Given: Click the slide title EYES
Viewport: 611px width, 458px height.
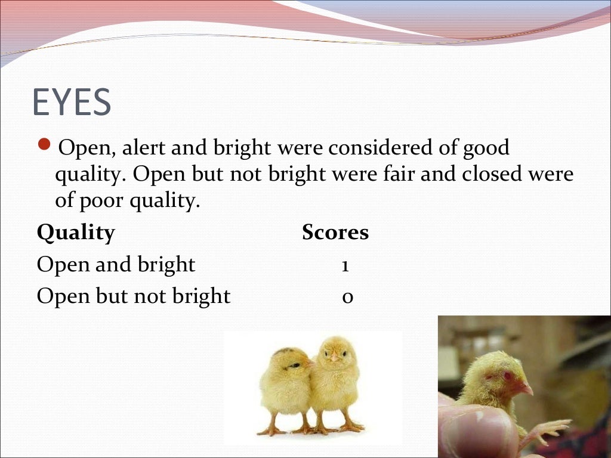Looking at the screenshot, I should (x=72, y=102).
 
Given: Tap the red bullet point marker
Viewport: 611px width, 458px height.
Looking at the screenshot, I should (x=45, y=145).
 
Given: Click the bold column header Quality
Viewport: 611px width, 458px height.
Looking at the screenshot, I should (x=76, y=233).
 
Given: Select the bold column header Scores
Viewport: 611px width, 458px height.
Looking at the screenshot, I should (x=335, y=233).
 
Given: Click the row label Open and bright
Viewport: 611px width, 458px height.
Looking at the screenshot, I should (x=116, y=264).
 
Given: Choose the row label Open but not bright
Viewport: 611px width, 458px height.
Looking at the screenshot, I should (x=133, y=296).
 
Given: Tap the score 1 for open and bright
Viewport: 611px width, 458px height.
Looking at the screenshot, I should (x=345, y=265).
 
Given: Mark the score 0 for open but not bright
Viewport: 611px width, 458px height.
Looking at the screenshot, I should (x=347, y=296).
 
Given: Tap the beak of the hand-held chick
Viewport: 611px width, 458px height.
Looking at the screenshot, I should (x=526, y=389).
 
